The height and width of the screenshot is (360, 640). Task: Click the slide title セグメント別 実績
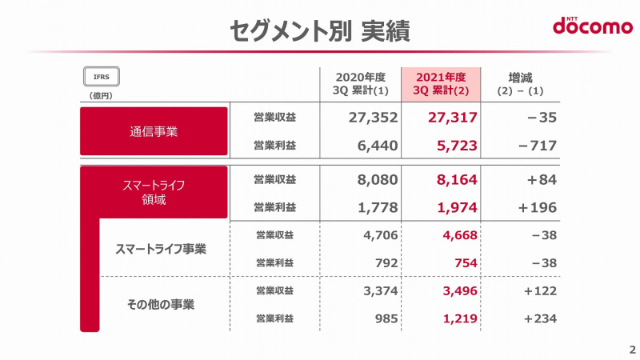coord(319,30)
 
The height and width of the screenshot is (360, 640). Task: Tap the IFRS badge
coord(102,77)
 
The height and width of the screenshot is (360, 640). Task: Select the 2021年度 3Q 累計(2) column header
coord(440,83)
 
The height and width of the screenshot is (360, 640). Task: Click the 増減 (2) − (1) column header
coord(524,83)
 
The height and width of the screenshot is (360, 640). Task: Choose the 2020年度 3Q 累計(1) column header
coord(361,83)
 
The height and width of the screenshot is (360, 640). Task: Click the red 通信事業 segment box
coord(154,131)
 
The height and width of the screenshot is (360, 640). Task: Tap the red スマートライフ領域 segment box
coord(154,193)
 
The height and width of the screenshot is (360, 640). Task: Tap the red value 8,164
coord(451,179)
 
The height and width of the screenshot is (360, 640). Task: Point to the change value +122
coord(539,290)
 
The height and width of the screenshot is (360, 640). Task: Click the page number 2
coord(631,350)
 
